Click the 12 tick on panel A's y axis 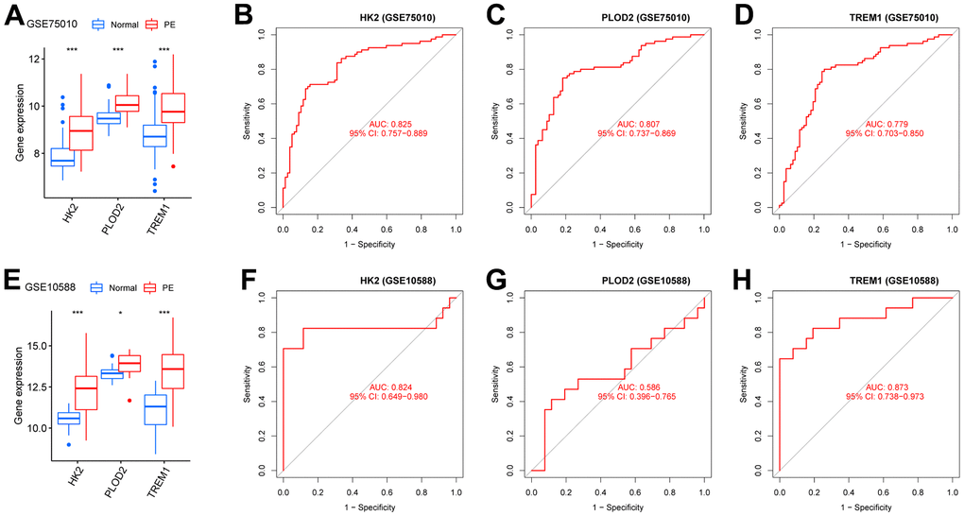(37, 59)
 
